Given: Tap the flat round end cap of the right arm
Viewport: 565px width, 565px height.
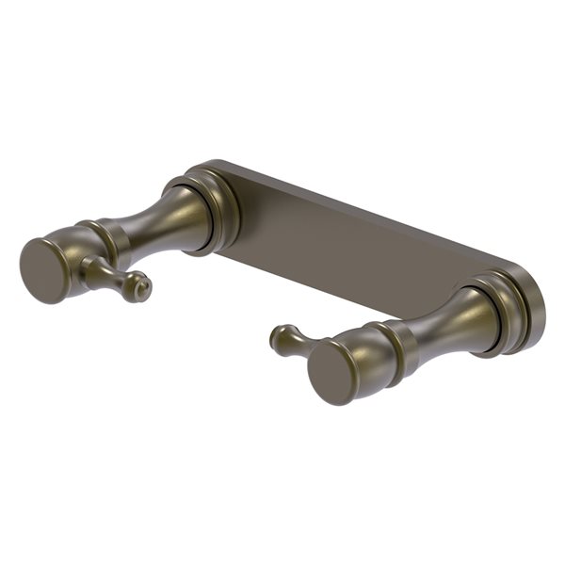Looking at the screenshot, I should (x=332, y=368).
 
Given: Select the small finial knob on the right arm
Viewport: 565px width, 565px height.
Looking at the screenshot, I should (x=292, y=340).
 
